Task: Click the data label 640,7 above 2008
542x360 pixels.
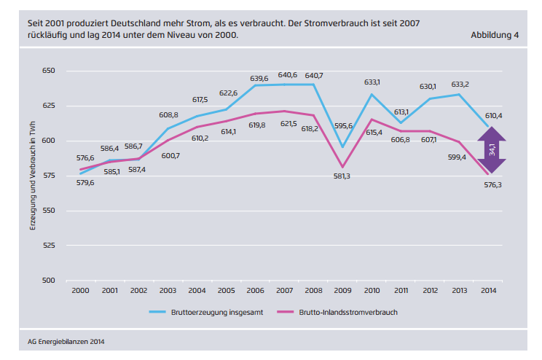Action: click(314, 75)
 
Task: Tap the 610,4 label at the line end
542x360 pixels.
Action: click(494, 115)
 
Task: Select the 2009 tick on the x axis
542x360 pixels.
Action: click(342, 291)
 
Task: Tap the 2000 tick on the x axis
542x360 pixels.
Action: click(80, 291)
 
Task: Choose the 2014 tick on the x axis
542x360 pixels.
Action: click(488, 291)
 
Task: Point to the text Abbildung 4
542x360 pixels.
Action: click(495, 35)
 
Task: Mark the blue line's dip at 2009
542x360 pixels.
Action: click(342, 147)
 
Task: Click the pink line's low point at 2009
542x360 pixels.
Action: click(342, 167)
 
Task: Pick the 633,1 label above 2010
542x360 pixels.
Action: click(372, 82)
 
